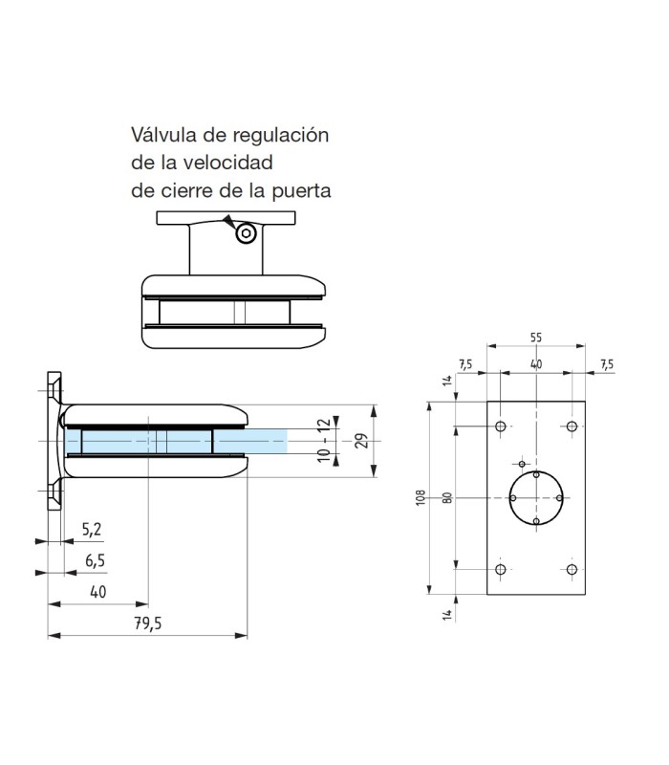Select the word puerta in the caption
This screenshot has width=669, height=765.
(300, 190)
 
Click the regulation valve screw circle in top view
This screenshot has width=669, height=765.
(247, 233)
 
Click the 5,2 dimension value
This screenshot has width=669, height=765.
(92, 529)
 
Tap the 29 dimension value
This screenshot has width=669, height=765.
(361, 441)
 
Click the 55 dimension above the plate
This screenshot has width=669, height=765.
(535, 338)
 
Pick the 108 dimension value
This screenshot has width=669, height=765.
(421, 497)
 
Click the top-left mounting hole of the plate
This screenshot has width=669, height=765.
(501, 426)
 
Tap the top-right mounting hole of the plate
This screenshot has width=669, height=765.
(572, 426)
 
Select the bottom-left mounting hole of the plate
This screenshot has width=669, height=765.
(501, 570)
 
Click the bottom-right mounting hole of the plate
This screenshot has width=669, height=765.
(572, 570)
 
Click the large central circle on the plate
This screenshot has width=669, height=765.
(536, 497)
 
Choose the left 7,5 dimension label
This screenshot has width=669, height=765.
(465, 363)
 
